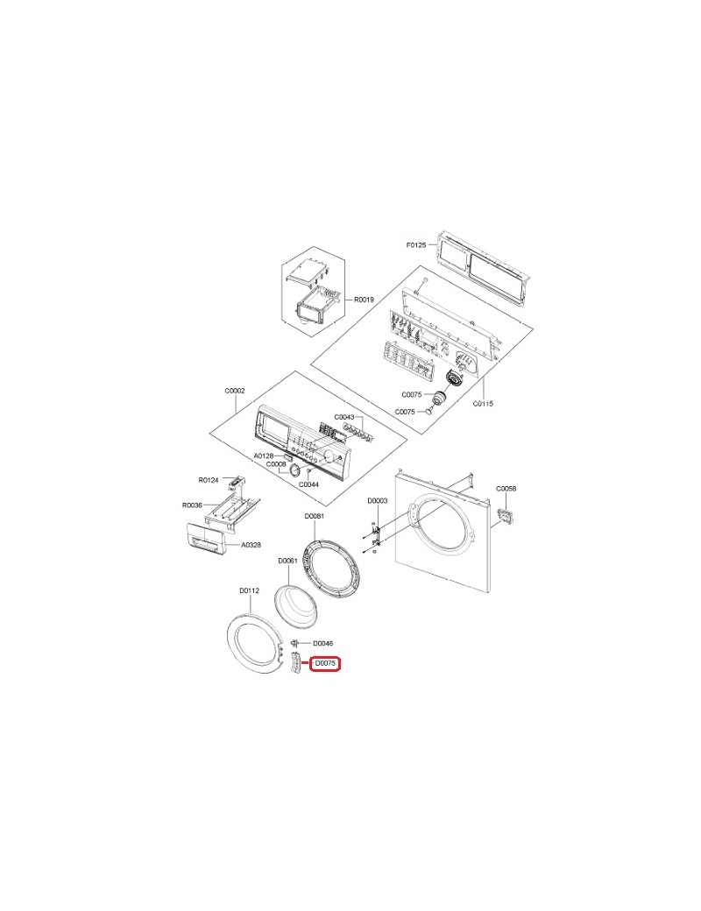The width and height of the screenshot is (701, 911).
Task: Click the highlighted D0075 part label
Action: [324, 663]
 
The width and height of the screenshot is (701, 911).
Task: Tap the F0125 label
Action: [416, 245]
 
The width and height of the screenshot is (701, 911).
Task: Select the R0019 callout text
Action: [364, 300]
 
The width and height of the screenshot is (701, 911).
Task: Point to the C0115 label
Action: [483, 403]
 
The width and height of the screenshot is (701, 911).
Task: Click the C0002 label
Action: [235, 391]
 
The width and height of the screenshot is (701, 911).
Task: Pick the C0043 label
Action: [344, 417]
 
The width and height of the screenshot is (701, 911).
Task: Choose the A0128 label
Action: [263, 456]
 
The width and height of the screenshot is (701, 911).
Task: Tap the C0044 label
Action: [308, 484]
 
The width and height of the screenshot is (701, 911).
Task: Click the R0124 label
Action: [208, 480]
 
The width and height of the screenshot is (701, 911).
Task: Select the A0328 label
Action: [251, 545]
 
